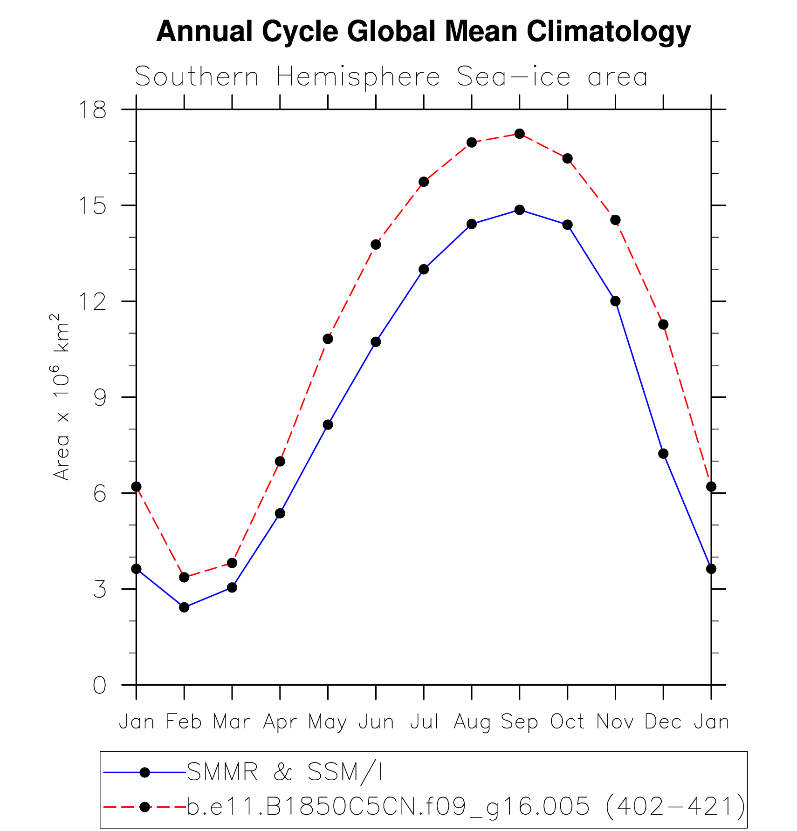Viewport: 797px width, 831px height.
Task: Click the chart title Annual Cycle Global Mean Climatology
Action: click(423, 32)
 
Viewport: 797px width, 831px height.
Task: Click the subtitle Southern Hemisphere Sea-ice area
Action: click(391, 77)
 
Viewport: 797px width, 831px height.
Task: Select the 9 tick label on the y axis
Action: click(99, 397)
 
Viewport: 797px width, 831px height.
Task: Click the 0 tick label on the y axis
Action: click(99, 685)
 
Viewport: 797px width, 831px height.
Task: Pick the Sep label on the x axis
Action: click(519, 722)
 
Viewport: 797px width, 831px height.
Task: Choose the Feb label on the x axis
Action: click(184, 722)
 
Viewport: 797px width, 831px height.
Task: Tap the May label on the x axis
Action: click(328, 722)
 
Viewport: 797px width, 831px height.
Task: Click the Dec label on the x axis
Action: click(663, 722)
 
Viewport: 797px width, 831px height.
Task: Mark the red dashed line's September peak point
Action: click(520, 134)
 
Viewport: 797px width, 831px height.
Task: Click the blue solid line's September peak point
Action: click(520, 210)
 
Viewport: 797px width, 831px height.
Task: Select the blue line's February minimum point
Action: click(184, 607)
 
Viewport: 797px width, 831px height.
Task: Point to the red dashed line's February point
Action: click(184, 578)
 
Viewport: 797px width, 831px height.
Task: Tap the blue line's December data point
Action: click(663, 454)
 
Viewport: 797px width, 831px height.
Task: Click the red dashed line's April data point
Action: click(280, 462)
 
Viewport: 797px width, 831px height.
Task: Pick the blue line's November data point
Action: click(615, 301)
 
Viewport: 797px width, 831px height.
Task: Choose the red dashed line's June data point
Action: click(376, 245)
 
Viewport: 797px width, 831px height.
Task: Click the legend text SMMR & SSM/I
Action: click(284, 772)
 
